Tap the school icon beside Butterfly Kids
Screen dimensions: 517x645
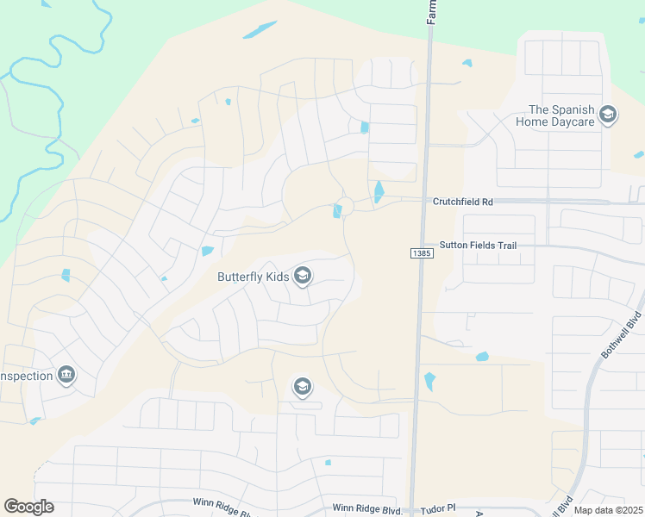[x=302, y=276]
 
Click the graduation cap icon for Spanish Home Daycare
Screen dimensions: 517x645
[x=608, y=115]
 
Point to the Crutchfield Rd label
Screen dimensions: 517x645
[x=463, y=202]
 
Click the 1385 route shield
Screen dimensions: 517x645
[x=420, y=252]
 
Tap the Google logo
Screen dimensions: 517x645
[x=29, y=507]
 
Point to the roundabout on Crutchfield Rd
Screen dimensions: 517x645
[x=346, y=206]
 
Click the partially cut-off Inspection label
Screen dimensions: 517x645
[x=23, y=376]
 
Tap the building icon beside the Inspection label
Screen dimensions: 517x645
[x=66, y=375]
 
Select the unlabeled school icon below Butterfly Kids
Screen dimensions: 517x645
[x=301, y=386]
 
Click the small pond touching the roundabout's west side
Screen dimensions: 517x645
[x=336, y=211]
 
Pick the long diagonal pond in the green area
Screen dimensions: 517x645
[x=260, y=29]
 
